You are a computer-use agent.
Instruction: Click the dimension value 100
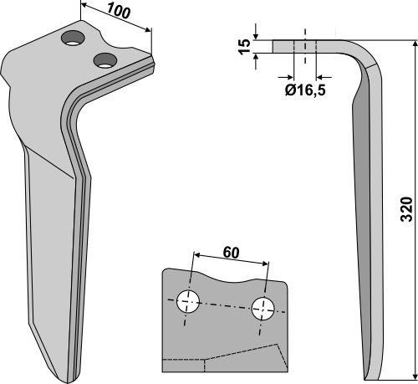click(x=118, y=12)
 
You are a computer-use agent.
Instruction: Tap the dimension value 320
click(x=406, y=209)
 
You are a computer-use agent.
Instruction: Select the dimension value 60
click(x=231, y=253)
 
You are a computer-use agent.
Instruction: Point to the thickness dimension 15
click(x=244, y=47)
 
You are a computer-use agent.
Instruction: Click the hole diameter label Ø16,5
click(x=305, y=90)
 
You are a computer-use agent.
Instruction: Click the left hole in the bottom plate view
click(x=188, y=301)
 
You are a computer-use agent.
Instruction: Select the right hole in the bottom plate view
click(x=263, y=309)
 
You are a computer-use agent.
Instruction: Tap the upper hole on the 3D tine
click(x=74, y=38)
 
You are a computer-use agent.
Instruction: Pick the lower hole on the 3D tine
click(x=105, y=60)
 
